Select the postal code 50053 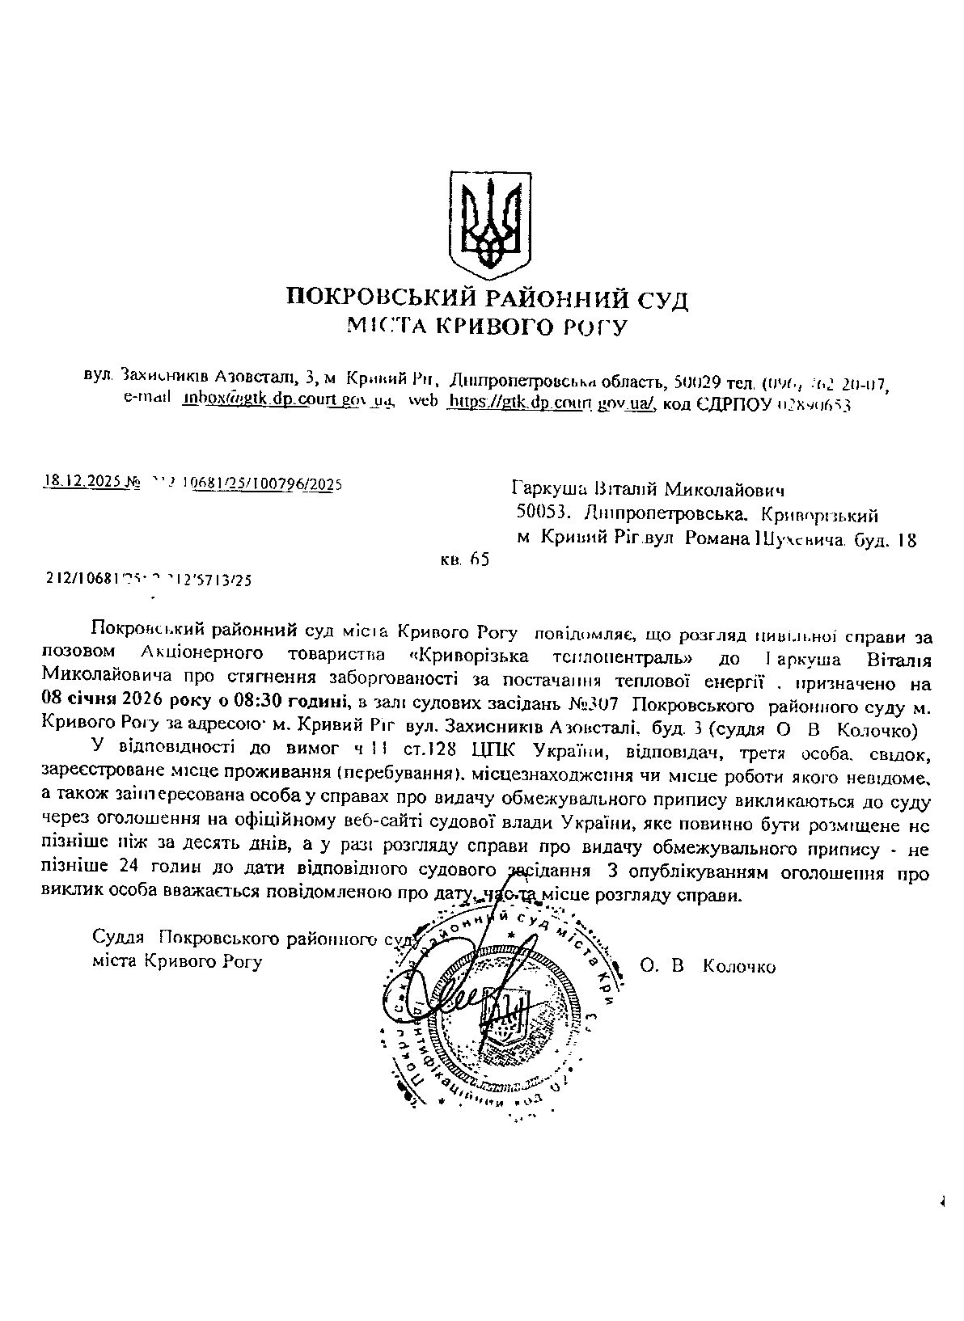pyautogui.click(x=542, y=513)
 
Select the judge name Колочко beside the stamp pyautogui.click(x=739, y=967)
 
